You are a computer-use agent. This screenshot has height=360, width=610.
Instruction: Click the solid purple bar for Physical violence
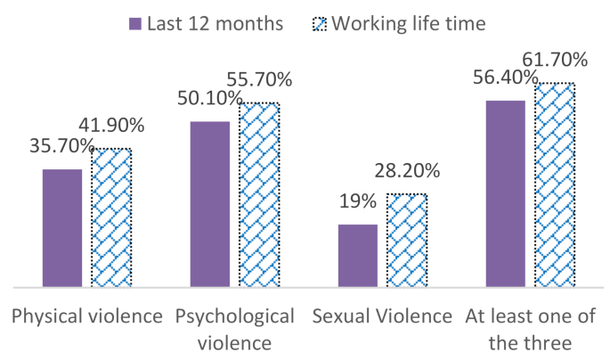point(62,228)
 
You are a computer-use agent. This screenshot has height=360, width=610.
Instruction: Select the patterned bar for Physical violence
point(111,218)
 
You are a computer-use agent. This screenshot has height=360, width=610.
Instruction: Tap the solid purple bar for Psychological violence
point(210,204)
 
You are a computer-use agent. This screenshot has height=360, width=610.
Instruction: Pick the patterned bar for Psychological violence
point(259,195)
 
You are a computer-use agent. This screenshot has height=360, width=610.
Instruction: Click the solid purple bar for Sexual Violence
point(357,256)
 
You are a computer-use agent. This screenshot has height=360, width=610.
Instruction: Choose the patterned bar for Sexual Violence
point(406,241)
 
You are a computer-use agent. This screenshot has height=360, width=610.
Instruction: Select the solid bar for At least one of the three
point(505,194)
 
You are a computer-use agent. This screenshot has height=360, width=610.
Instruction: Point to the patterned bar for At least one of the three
point(554,185)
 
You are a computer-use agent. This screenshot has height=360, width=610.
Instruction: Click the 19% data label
point(357,201)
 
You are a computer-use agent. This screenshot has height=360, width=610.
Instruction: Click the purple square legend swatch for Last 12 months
point(136,23)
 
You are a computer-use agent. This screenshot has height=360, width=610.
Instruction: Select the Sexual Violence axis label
point(382,316)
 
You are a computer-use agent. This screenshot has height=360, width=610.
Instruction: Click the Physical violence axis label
point(86,316)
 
